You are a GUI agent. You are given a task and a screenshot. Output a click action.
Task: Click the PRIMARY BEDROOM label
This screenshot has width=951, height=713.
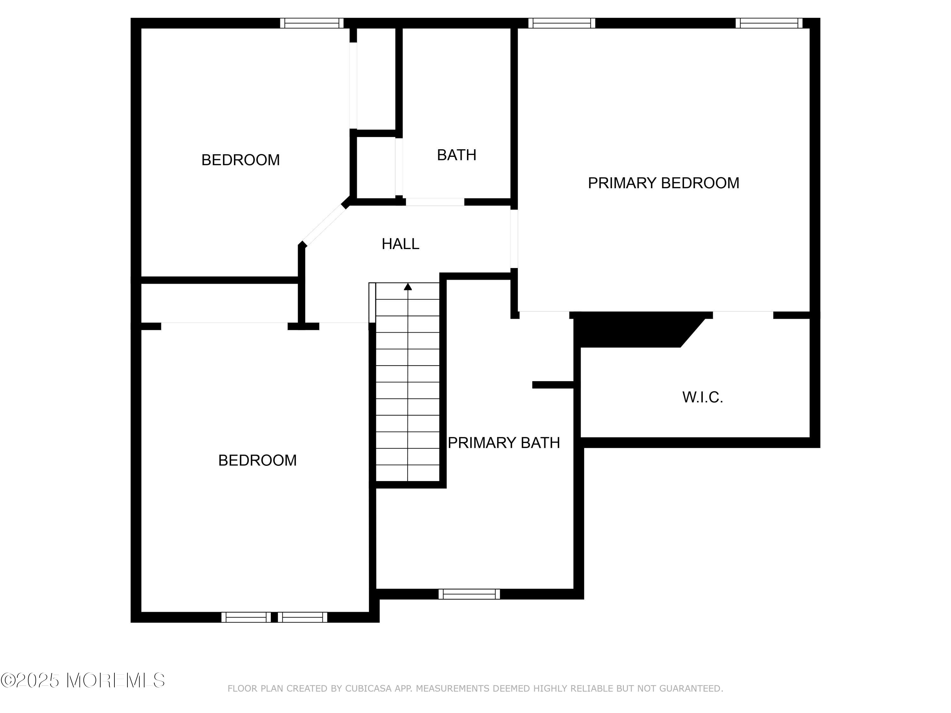(663, 183)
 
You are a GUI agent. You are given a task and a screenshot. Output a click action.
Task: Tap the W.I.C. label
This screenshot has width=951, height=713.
(702, 397)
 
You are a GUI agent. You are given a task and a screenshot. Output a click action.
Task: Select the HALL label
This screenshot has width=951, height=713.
(400, 244)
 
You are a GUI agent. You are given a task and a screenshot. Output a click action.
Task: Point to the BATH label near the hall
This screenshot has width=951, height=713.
(456, 155)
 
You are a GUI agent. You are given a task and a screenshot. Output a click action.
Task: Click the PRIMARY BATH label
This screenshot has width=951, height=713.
(504, 443)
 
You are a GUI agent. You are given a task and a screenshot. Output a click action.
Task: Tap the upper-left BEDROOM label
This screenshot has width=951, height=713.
(240, 160)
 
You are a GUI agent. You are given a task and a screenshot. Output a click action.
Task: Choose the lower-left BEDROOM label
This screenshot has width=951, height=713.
(257, 460)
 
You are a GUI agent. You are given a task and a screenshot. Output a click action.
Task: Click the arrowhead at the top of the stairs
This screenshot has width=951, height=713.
(408, 287)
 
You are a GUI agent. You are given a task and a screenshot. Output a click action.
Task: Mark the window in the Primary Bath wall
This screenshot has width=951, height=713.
(469, 594)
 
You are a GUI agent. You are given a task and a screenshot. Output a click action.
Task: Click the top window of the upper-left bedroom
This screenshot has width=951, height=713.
(312, 23)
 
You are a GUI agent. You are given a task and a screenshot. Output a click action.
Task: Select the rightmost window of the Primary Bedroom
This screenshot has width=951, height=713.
(769, 23)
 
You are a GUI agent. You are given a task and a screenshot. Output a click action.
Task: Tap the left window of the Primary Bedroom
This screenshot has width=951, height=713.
(561, 23)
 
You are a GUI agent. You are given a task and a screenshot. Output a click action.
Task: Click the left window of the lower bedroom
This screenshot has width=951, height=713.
(246, 617)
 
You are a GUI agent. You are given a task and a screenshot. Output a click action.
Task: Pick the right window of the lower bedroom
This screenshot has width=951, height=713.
(302, 617)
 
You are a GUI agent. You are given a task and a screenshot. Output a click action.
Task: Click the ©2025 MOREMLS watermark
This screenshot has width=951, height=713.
(82, 680)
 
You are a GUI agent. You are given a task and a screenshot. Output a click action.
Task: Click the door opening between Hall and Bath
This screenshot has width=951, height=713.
(435, 202)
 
